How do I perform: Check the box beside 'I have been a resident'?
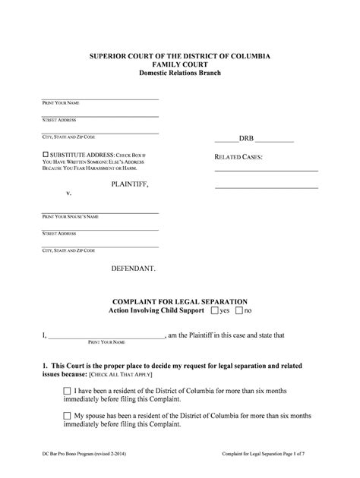point(68,391)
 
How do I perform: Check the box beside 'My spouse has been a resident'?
point(68,417)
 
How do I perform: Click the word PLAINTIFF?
point(130,184)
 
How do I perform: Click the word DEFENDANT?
point(134,269)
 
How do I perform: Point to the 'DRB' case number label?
point(247,140)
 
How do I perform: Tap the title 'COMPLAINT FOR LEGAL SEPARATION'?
point(179,300)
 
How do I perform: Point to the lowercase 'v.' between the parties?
point(68,193)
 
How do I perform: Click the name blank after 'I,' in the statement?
point(106,335)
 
